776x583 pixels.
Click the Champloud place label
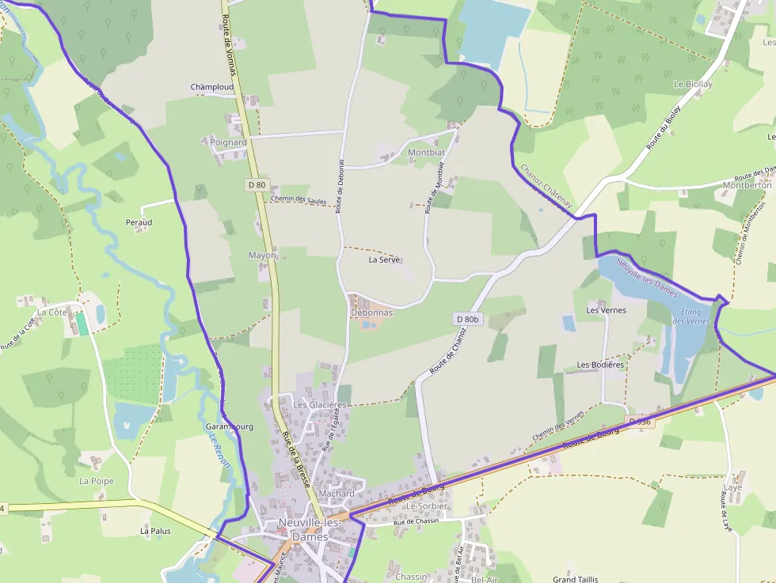212,87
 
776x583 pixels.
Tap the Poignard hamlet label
229,142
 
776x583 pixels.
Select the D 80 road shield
257,185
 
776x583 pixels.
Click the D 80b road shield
469,319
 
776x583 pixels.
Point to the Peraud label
139,222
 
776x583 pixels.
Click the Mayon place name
262,256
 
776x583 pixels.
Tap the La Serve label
385,259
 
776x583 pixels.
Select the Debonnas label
371,312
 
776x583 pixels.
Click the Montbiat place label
426,153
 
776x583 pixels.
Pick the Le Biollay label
693,84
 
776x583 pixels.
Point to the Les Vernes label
606,310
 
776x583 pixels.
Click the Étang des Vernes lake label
690,316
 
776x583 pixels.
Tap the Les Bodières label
601,365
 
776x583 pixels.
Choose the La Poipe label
97,481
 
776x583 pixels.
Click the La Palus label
155,531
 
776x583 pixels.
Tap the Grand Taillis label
576,579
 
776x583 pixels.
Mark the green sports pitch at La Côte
82,324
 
